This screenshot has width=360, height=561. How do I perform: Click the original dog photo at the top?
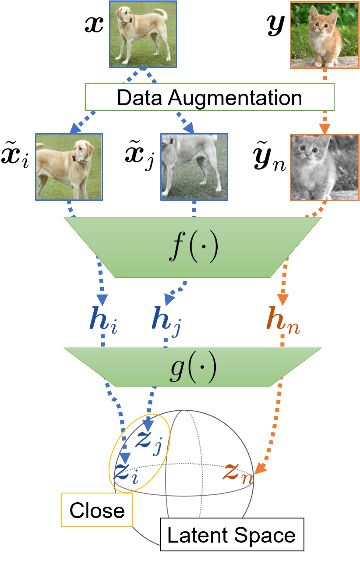click(143, 34)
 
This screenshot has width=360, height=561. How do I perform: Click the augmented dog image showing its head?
click(69, 167)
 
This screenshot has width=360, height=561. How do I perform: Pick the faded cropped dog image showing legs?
click(194, 167)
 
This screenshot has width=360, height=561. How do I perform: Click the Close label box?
click(97, 510)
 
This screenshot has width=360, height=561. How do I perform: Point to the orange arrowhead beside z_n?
click(260, 469)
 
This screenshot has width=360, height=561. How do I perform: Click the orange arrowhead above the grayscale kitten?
click(325, 129)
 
